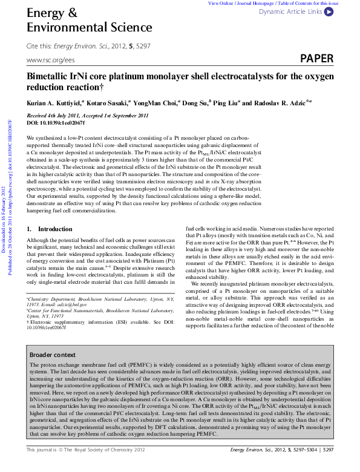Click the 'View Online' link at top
[221, 3]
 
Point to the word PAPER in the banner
[316, 59]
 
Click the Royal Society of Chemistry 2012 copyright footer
[86, 467]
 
